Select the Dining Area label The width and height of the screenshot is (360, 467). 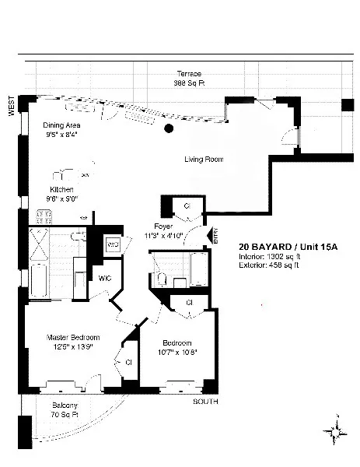pyautogui.click(x=63, y=125)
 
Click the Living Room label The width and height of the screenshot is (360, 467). pyautogui.click(x=203, y=160)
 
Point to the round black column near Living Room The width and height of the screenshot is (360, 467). pyautogui.click(x=169, y=128)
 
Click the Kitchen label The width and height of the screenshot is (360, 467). pyautogui.click(x=62, y=189)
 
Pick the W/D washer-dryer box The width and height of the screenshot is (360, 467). pyautogui.click(x=113, y=244)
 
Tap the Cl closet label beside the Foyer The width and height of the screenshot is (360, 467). pyautogui.click(x=187, y=205)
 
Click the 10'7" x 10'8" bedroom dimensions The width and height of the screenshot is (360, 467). pyautogui.click(x=177, y=353)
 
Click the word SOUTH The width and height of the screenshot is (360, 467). pyautogui.click(x=205, y=402)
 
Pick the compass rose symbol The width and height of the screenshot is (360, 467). pyautogui.click(x=336, y=430)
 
